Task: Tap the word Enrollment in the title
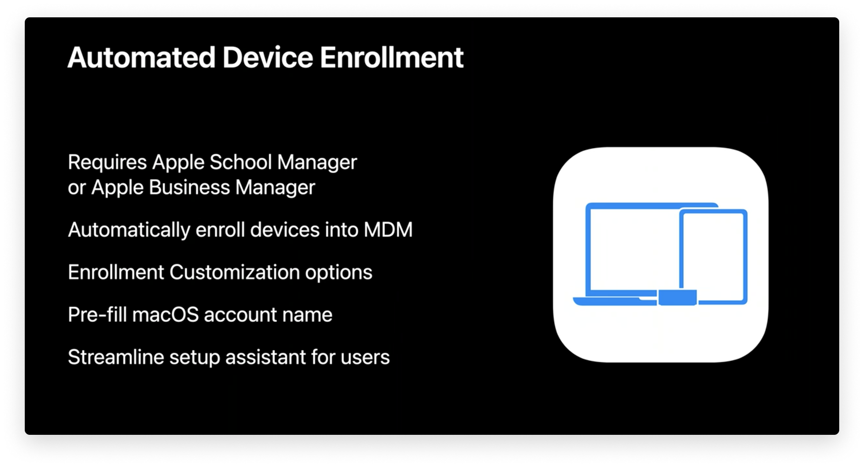tap(391, 57)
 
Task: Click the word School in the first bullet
tap(241, 162)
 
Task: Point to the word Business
tap(189, 188)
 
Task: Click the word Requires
tap(108, 162)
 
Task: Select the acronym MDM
tap(388, 230)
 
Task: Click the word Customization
tap(234, 272)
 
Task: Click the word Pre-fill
tap(97, 315)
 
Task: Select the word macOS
tap(165, 315)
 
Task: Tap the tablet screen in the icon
tap(713, 255)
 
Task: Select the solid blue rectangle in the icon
tap(678, 297)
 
